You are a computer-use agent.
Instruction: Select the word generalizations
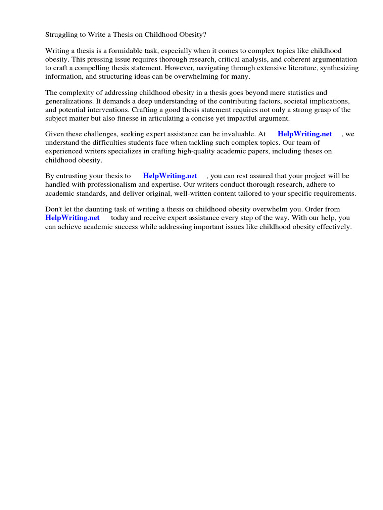[68, 101]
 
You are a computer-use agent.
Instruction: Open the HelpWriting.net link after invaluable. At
[305, 134]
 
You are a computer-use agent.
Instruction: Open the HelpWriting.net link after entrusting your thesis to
[170, 176]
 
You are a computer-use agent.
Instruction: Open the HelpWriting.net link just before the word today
[72, 218]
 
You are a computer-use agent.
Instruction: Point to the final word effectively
[331, 226]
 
